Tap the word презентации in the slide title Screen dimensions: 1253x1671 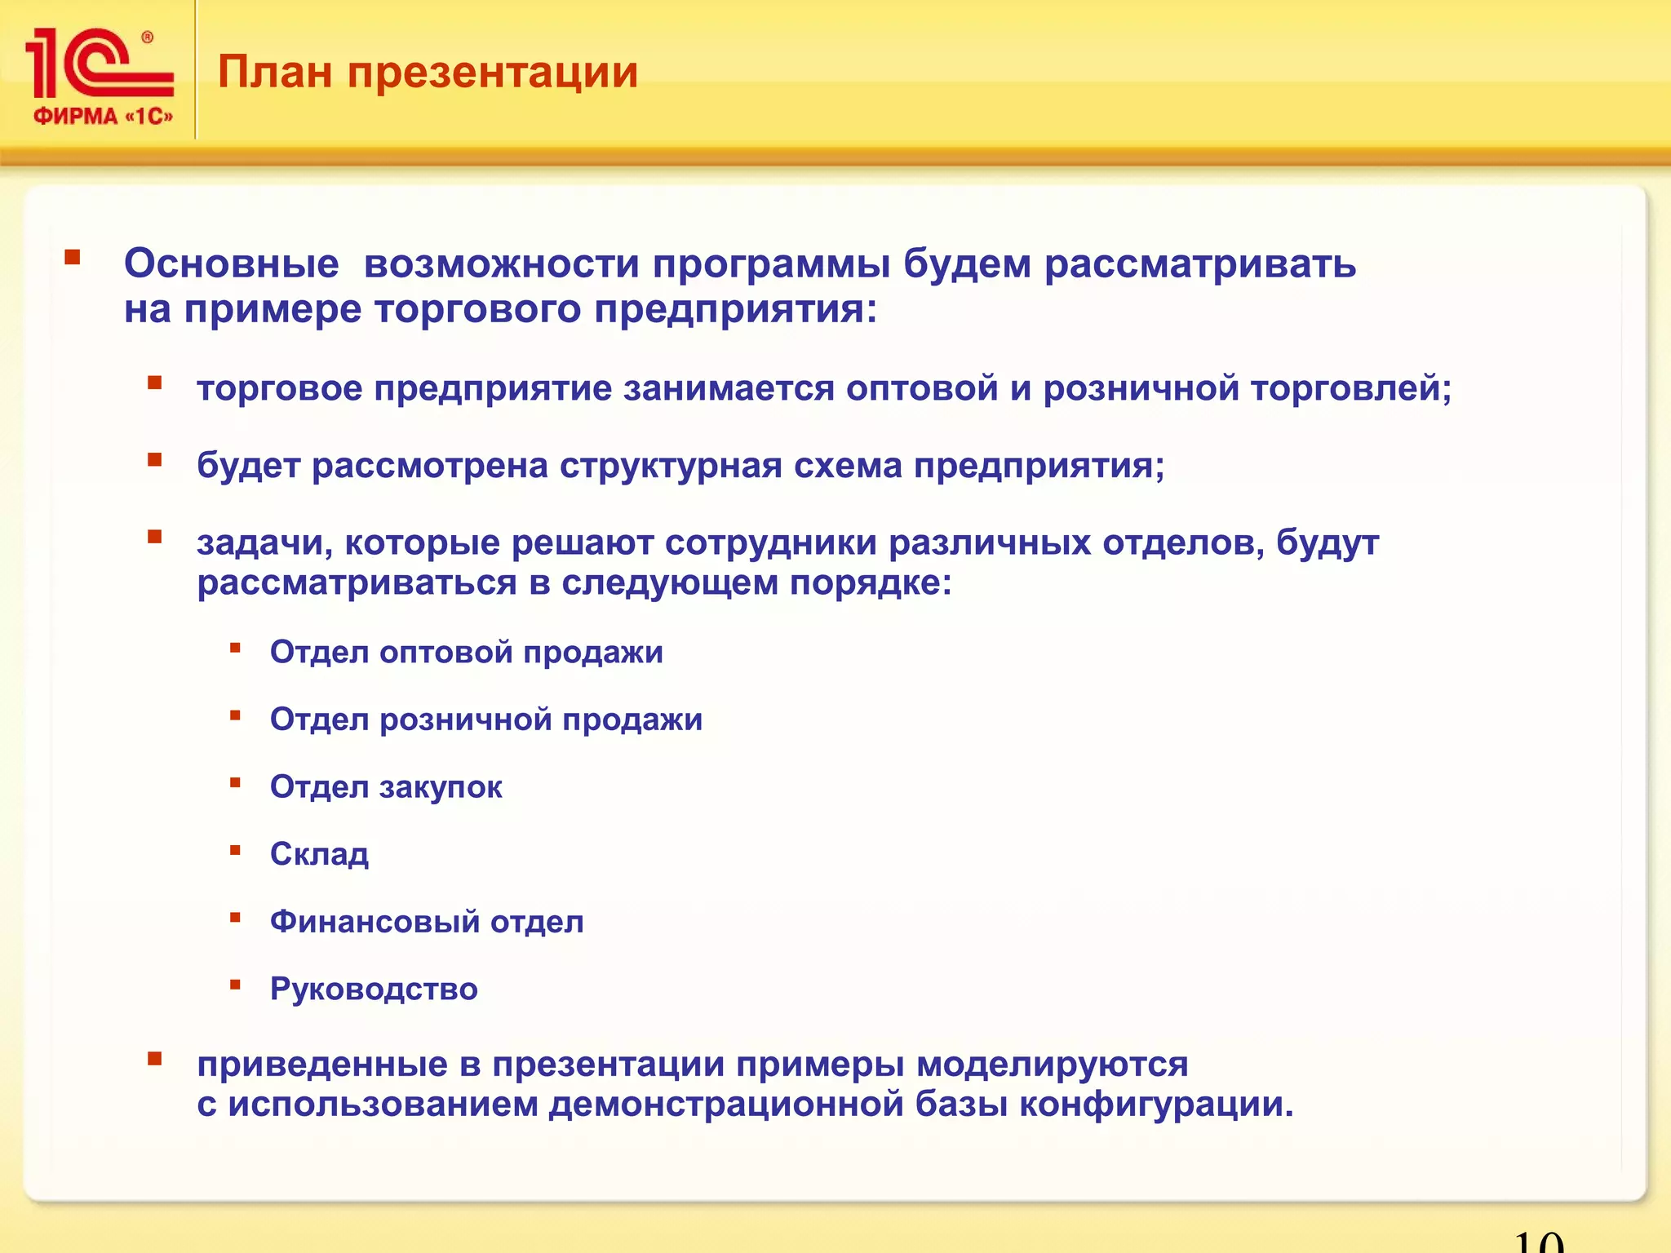tap(493, 73)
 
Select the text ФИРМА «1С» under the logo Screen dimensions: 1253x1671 tap(103, 116)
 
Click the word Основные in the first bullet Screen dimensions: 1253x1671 tap(231, 263)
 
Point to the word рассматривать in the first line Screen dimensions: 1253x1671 tap(1200, 263)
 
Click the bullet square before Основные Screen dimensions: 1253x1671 tap(73, 258)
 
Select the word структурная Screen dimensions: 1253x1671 tap(671, 465)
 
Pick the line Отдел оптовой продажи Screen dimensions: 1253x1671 tap(466, 652)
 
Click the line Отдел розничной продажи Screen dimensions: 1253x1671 tap(486, 719)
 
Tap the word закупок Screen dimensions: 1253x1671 tap(441, 787)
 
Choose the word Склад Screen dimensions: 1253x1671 tap(319, 854)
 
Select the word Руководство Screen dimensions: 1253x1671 tap(374, 989)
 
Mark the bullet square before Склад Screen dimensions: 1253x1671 tap(235, 850)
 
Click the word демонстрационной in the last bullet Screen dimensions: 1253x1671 tap(726, 1105)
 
